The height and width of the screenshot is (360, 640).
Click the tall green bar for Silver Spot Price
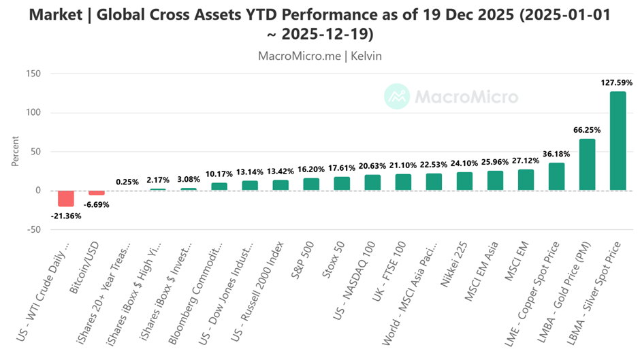click(x=618, y=141)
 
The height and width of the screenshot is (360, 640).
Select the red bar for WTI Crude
click(x=66, y=198)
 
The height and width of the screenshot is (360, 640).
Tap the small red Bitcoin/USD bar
click(x=97, y=193)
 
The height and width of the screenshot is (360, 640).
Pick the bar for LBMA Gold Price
click(x=587, y=165)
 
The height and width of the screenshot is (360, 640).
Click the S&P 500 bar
click(x=311, y=184)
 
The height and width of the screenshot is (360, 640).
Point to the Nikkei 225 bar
click(x=464, y=181)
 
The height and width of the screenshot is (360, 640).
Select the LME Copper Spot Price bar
click(x=556, y=176)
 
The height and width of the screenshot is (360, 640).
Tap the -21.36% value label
click(x=66, y=216)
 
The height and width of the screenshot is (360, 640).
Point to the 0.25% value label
click(x=127, y=182)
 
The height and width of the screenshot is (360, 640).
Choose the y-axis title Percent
click(x=15, y=152)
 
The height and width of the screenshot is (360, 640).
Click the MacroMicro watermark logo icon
click(x=396, y=97)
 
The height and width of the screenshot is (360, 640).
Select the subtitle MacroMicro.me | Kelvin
click(x=320, y=56)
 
